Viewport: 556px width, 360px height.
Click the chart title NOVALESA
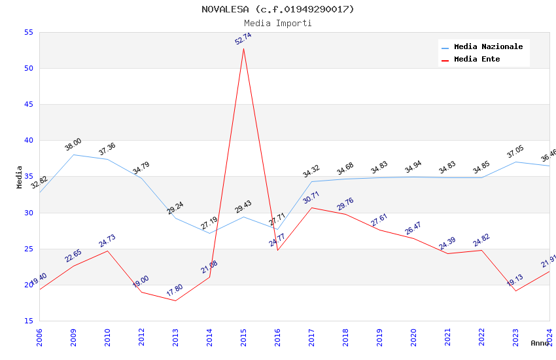tap(277, 9)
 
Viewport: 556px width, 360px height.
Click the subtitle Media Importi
tap(277, 23)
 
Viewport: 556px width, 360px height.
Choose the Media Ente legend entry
tap(477, 60)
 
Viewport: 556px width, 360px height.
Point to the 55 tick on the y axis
tap(28, 33)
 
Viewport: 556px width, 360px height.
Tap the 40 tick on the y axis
tap(28, 141)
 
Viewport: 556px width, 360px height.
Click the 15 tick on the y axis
tap(28, 321)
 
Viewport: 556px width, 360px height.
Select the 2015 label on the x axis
tap(244, 338)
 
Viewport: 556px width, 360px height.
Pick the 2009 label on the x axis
tap(74, 338)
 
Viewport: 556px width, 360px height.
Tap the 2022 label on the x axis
tap(482, 338)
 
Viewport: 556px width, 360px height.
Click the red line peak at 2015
tap(243, 48)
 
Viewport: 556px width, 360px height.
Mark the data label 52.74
tap(243, 39)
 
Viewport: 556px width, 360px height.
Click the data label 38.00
tap(73, 145)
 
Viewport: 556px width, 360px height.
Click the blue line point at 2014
tap(209, 233)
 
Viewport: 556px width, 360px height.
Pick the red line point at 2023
tap(515, 291)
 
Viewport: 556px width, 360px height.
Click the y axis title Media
tap(20, 177)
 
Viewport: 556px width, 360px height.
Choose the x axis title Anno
tap(540, 343)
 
